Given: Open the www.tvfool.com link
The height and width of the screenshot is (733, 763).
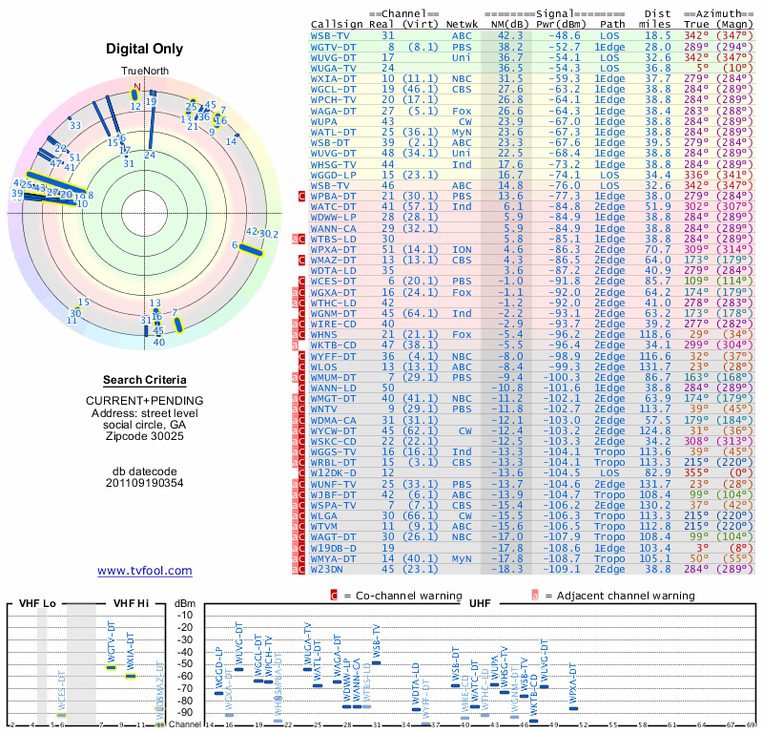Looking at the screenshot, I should coord(144,571).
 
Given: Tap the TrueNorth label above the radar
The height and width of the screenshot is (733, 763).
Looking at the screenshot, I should coord(144,72).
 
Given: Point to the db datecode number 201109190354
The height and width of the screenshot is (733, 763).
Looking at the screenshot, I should coord(144,483).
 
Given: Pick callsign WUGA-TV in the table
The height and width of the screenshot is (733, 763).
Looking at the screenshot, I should coord(335,68).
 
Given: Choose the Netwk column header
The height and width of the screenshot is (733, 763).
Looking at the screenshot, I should coord(463,24).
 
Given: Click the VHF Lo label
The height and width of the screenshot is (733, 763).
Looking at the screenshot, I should coord(39,604).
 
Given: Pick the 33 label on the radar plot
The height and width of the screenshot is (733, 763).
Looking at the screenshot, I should coord(74,125).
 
